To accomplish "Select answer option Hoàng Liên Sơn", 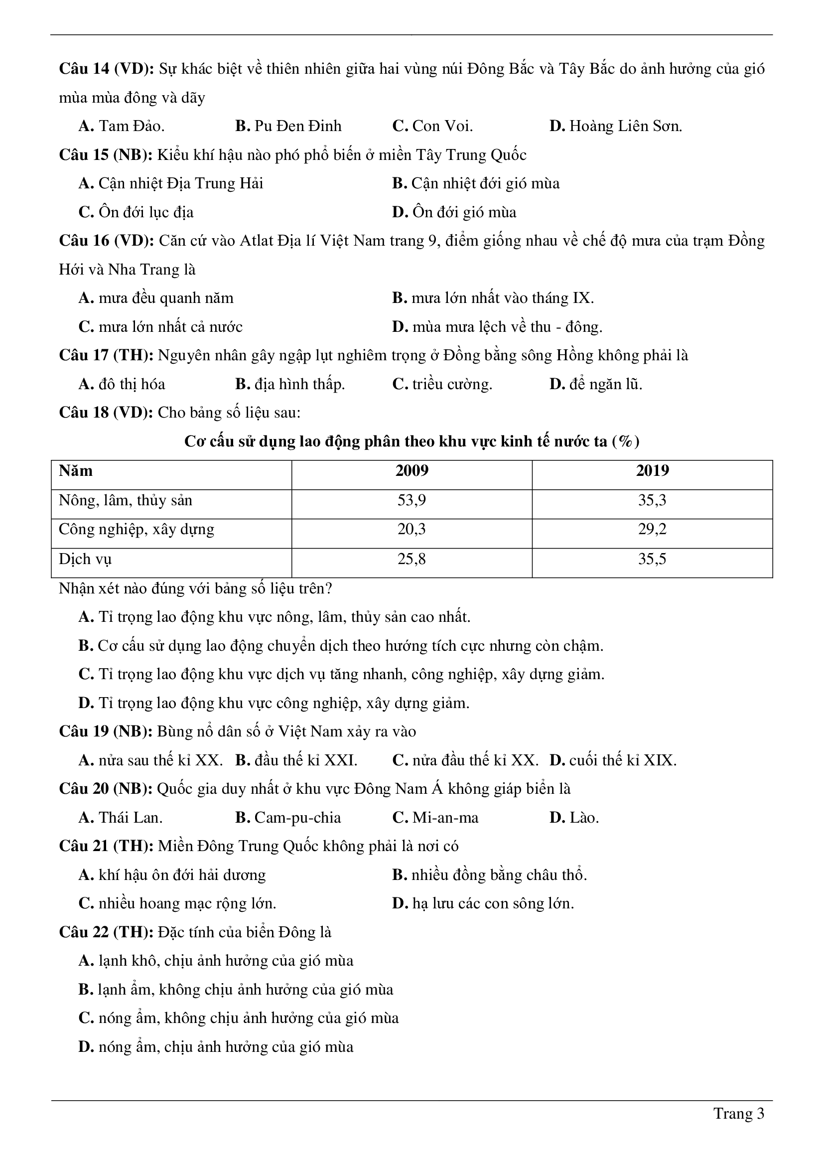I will point(615,126).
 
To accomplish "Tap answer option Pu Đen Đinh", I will point(288,126).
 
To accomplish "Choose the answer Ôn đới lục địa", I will point(136,212).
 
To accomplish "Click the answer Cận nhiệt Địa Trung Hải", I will point(171,183).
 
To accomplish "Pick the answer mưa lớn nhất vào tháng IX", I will point(493,298).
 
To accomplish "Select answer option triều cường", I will point(442,384).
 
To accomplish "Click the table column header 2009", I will point(412,471).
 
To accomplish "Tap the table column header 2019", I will point(652,471).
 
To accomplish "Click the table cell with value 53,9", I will point(412,500).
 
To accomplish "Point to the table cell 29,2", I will point(652,529).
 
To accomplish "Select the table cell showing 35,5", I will point(652,559).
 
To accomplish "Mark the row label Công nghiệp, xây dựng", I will point(137,529).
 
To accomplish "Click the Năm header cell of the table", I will point(76,471).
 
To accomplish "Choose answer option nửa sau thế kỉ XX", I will point(150,760).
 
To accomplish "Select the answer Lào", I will point(574,817).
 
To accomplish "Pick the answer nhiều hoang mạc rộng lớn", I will point(177,904).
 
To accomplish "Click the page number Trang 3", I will point(738,1113).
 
